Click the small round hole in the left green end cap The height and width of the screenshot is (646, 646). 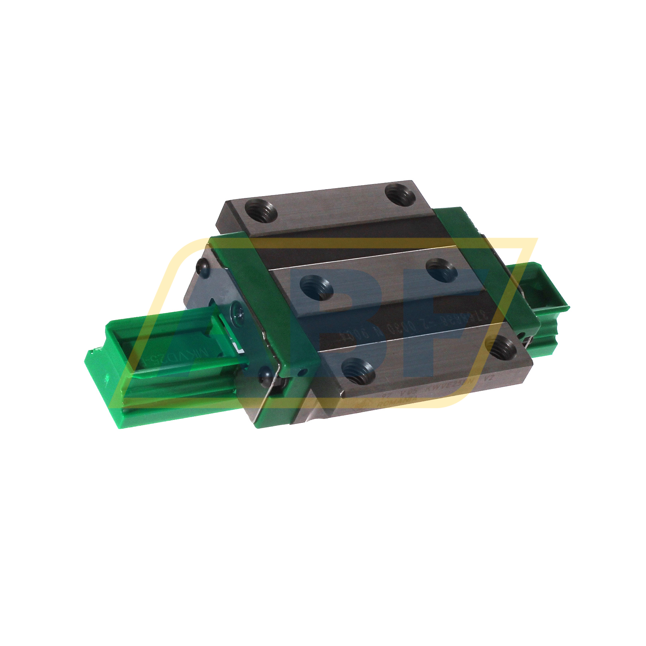coord(301,373)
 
